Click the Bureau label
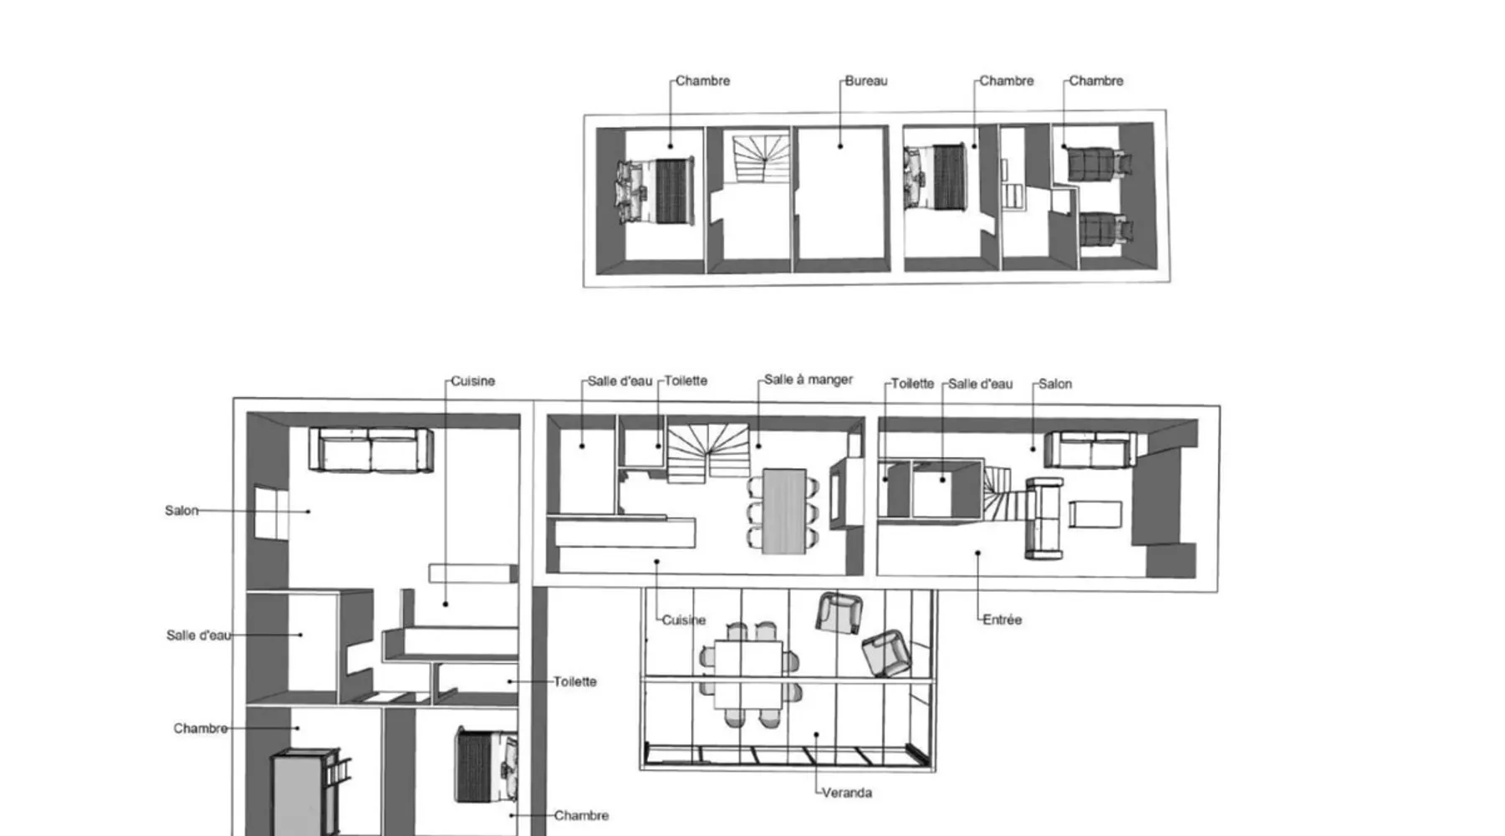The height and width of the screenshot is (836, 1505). pyautogui.click(x=866, y=81)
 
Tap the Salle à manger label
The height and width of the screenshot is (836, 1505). pyautogui.click(x=809, y=380)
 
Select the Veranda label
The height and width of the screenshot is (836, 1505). pyautogui.click(x=847, y=793)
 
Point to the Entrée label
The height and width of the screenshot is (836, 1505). pyautogui.click(x=1002, y=619)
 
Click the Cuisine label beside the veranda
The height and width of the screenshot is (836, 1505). pyautogui.click(x=684, y=620)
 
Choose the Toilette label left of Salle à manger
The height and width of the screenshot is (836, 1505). pyautogui.click(x=686, y=381)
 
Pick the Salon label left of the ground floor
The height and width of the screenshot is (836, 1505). pyautogui.click(x=181, y=511)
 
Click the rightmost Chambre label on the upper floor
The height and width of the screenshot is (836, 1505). pyautogui.click(x=1096, y=81)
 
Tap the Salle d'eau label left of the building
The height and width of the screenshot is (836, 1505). pyautogui.click(x=198, y=635)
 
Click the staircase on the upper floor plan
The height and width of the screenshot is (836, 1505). pyautogui.click(x=761, y=159)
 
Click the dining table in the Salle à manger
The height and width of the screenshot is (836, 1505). pyautogui.click(x=784, y=510)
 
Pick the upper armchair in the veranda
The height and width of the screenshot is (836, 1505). pyautogui.click(x=839, y=613)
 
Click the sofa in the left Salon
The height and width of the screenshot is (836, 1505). pyautogui.click(x=370, y=450)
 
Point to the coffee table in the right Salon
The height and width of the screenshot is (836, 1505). pyautogui.click(x=1094, y=514)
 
